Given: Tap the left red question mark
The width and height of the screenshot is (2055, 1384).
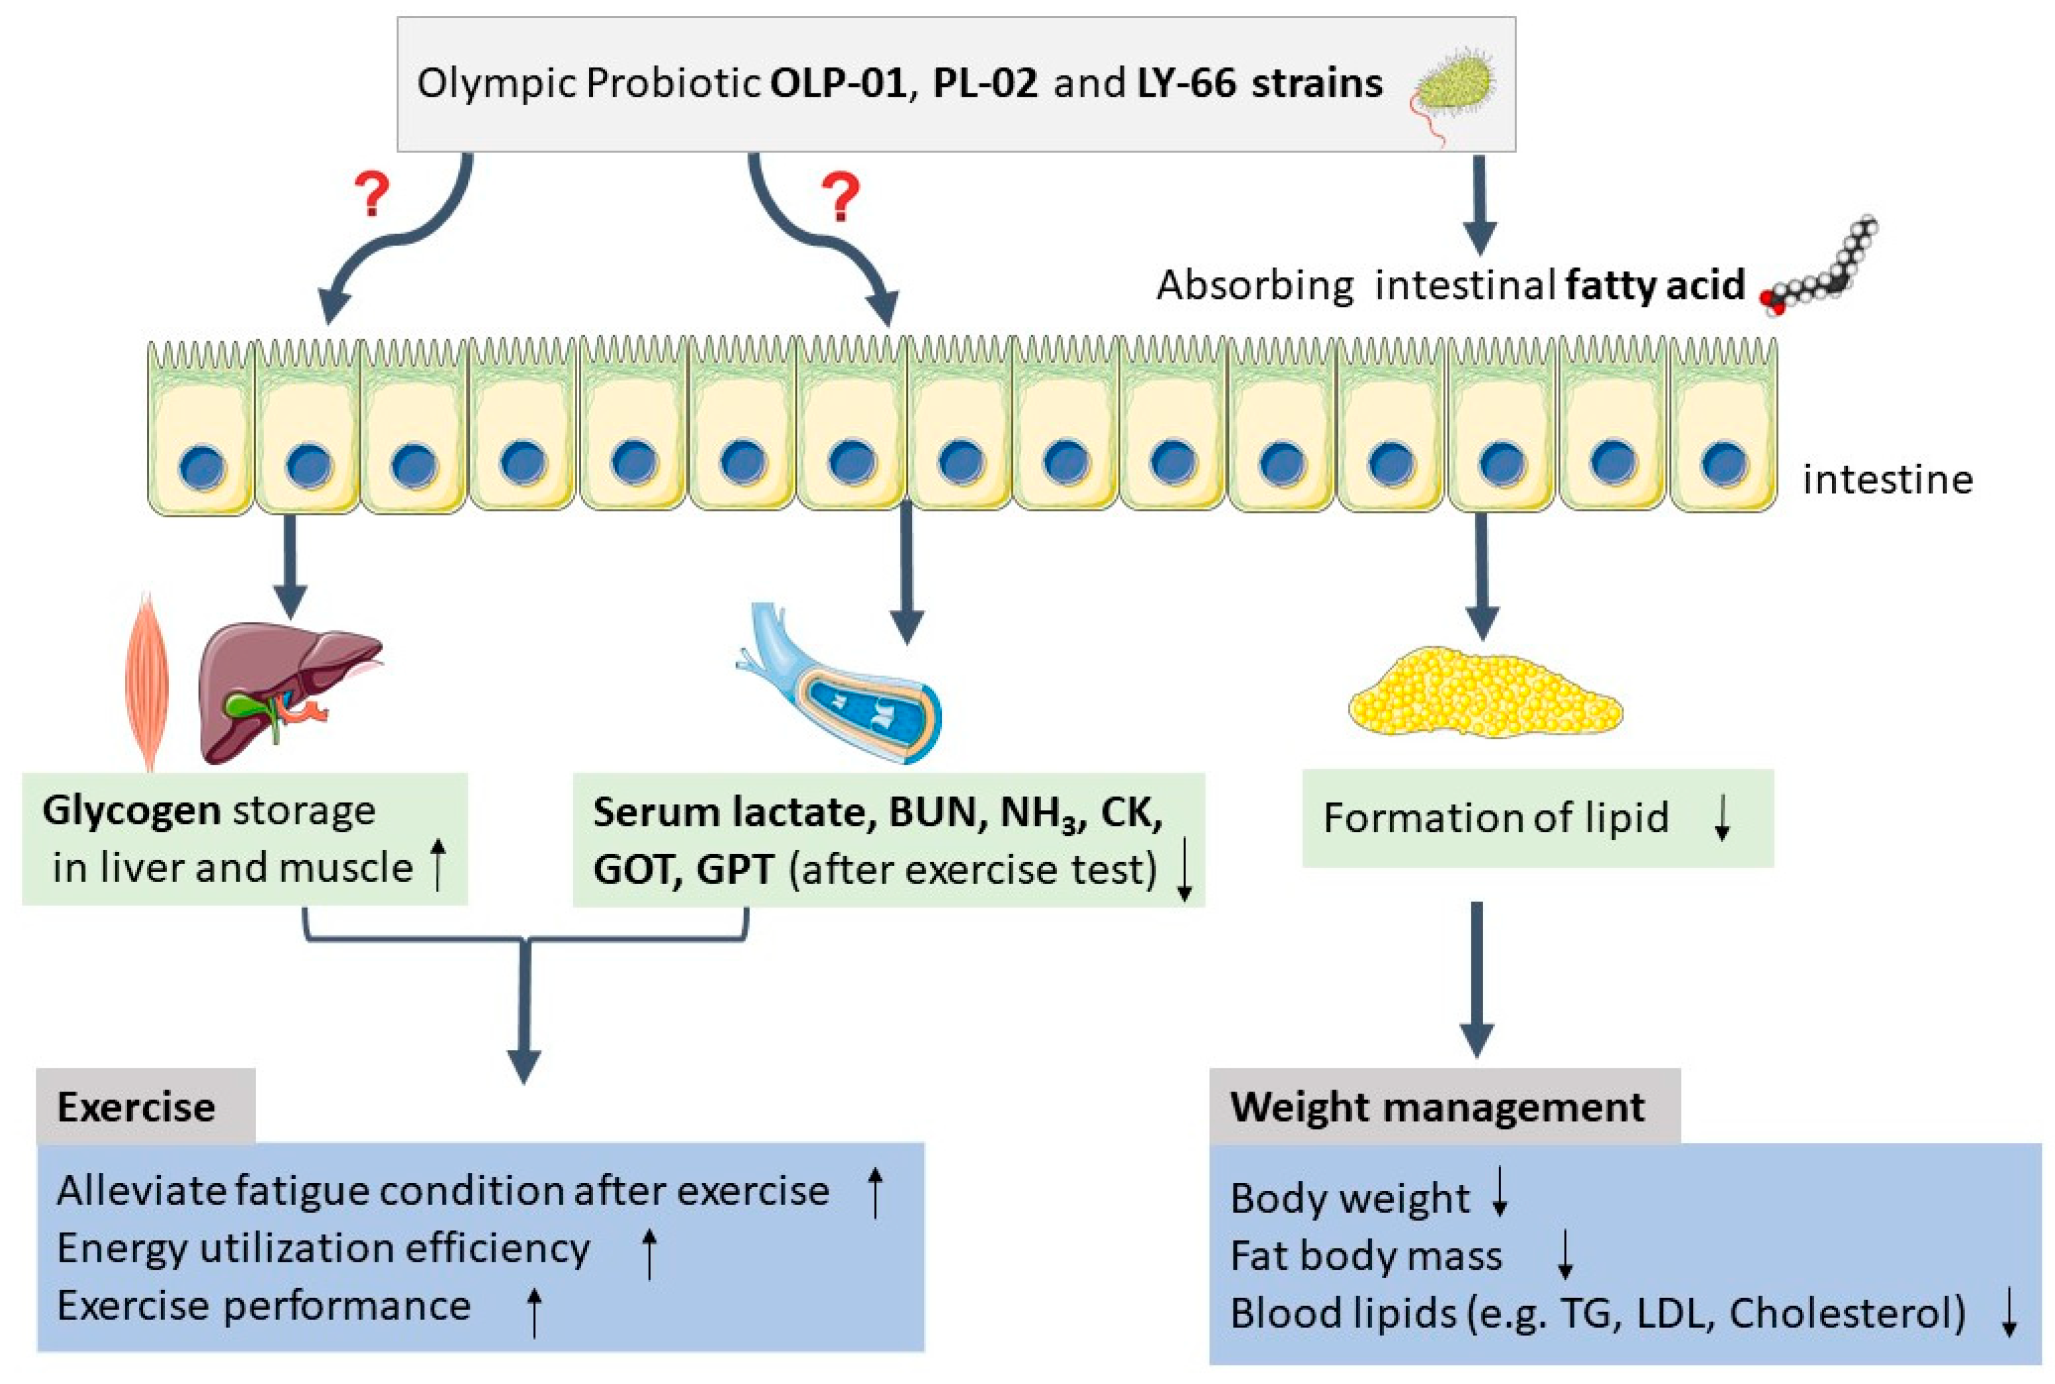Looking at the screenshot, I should tap(373, 195).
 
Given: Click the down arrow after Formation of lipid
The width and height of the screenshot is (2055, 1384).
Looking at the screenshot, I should tap(1721, 819).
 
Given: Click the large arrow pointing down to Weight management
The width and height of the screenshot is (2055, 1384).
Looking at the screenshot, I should tap(1477, 980).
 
